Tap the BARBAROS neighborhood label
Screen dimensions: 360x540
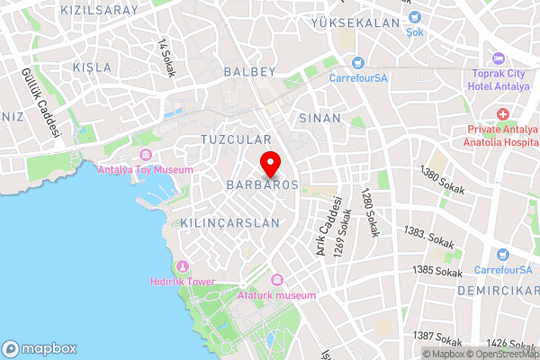click(x=262, y=184)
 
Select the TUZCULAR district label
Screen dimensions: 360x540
click(x=236, y=140)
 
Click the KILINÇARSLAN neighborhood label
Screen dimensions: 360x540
click(x=231, y=221)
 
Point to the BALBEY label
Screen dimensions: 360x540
click(x=248, y=71)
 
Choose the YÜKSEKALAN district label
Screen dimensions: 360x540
click(x=354, y=22)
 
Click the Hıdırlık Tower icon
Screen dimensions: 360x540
click(x=183, y=266)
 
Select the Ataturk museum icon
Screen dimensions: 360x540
click(x=276, y=281)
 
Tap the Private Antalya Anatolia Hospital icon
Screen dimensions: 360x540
click(x=502, y=115)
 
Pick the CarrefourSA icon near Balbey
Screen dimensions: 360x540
click(x=358, y=63)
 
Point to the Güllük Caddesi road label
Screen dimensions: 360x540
click(x=42, y=104)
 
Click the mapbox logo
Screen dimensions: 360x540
click(x=40, y=348)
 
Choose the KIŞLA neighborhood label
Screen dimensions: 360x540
click(x=92, y=67)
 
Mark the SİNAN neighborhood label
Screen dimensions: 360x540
click(x=319, y=118)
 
